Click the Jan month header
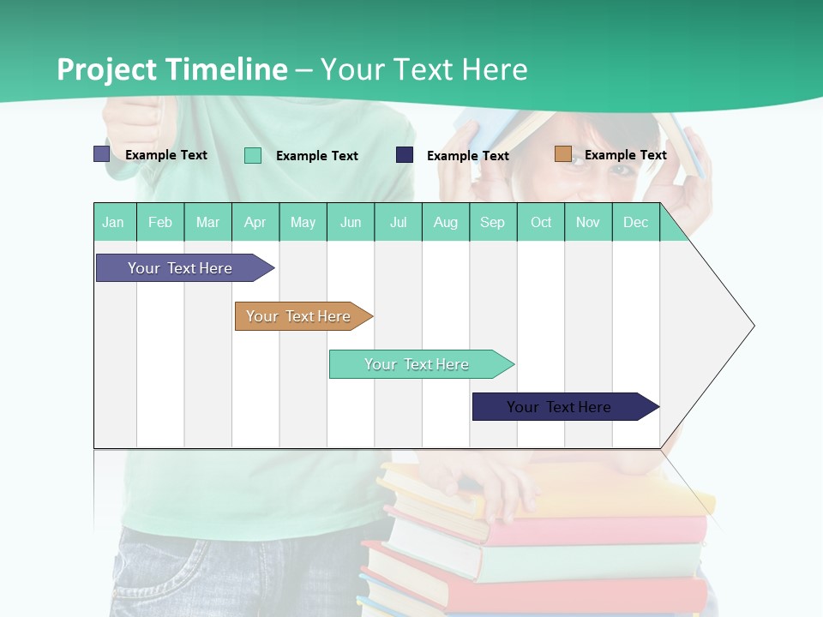pos(114,222)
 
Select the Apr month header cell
pos(255,222)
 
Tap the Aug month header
pos(446,222)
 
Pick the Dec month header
pos(635,222)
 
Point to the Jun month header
pos(351,222)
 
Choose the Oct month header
pos(541,222)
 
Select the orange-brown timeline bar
pos(300,316)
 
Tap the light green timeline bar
pos(418,364)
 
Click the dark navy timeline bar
pos(562,407)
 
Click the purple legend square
pos(101,154)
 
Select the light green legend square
pos(253,155)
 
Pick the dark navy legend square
pos(405,155)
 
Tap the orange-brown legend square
pos(562,154)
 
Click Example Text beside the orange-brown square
pos(625,155)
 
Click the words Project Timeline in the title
pos(172,69)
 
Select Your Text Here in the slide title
pos(424,69)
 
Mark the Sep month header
pos(492,222)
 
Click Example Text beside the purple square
pos(166,155)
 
